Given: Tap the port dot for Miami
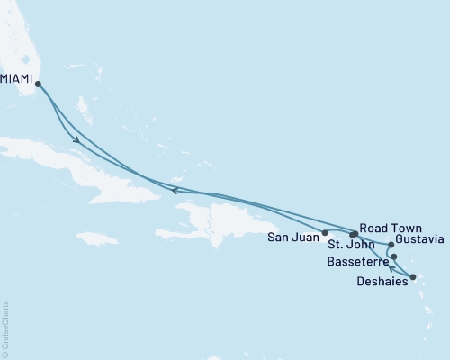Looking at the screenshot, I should click(x=38, y=85).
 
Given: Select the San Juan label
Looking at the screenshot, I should click(x=292, y=238).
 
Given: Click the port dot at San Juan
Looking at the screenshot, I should click(x=325, y=233).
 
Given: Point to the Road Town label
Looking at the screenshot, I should click(x=389, y=229).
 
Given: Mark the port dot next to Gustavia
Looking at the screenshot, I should click(x=391, y=244).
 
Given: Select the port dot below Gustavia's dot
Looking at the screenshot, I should click(x=394, y=256).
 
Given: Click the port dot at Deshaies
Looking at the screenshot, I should click(x=412, y=277).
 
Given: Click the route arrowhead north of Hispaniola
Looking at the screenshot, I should click(x=174, y=189).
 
